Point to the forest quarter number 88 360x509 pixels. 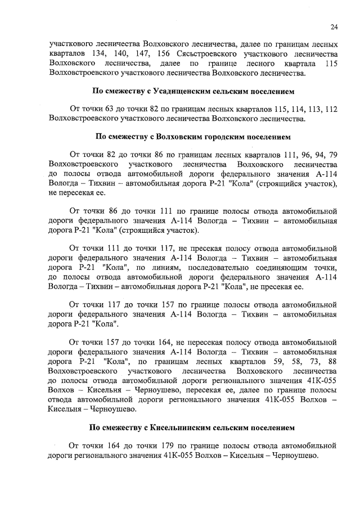coord(332,361)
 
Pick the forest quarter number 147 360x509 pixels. coord(132,53)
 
